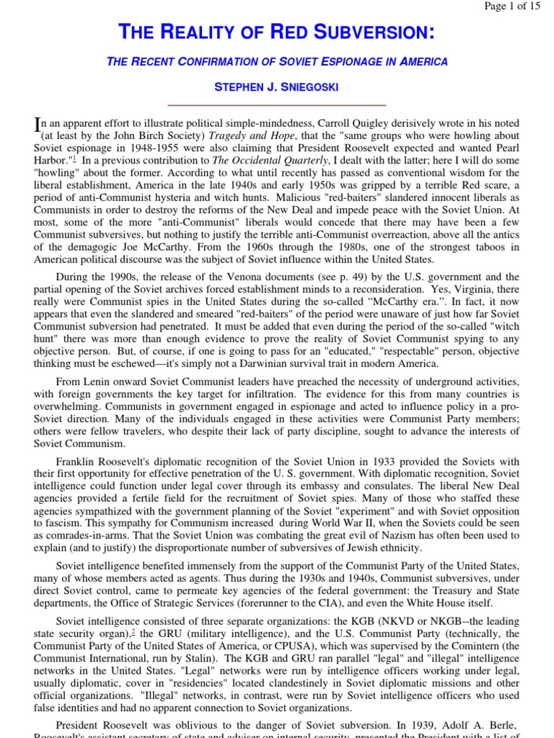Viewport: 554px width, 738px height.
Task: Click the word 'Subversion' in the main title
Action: point(376,32)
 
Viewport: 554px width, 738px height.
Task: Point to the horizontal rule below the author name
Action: point(277,105)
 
